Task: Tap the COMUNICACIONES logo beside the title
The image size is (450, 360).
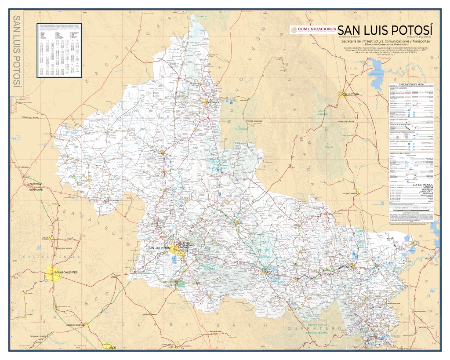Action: coord(313,29)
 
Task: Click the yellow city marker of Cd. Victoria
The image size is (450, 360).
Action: coord(342,94)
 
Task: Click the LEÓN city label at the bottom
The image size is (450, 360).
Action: coord(111,347)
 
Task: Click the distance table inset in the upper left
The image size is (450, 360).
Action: coord(59,50)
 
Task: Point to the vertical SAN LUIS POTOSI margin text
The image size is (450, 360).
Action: coord(18,51)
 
